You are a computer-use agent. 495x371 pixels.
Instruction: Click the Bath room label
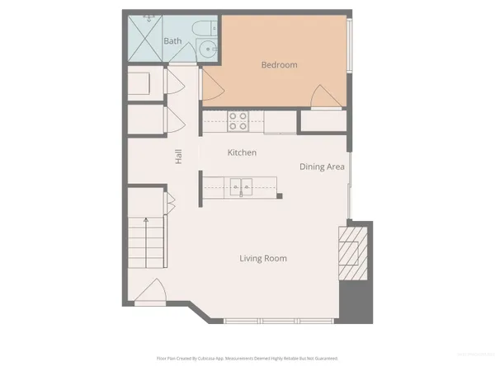point(172,40)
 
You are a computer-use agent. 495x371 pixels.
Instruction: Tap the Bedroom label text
point(279,65)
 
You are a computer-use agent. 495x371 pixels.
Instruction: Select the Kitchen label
point(242,153)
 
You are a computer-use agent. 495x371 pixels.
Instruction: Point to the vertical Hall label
point(178,155)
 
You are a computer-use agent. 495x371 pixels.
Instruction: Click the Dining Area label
point(322,167)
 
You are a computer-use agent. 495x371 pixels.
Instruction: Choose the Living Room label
point(263,259)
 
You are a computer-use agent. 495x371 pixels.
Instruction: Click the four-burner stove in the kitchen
point(238,121)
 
